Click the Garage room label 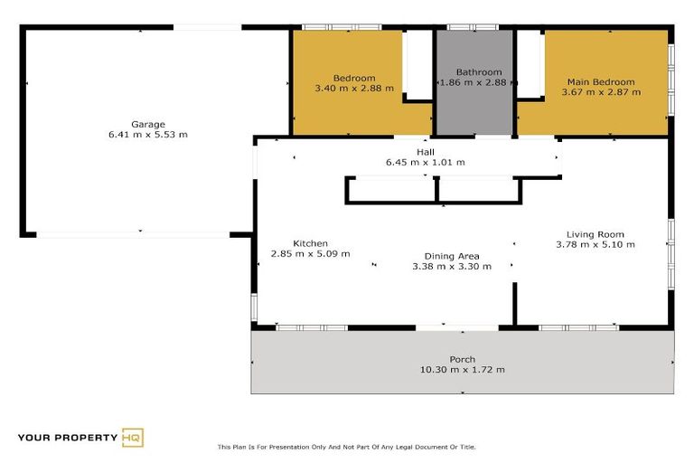point(147,124)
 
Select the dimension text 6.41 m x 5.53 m point(147,135)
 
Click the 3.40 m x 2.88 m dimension point(353,89)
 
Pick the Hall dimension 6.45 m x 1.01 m point(426,163)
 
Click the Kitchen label point(310,243)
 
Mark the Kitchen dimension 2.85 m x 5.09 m point(310,254)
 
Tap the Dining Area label point(452,256)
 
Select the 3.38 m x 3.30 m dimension point(452,267)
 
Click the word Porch point(463,359)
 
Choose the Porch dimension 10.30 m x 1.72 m point(463,370)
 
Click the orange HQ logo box point(133,438)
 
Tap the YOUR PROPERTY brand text point(68,439)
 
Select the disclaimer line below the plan point(346,447)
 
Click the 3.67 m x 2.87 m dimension point(601,92)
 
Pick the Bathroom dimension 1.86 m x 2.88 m point(477,83)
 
